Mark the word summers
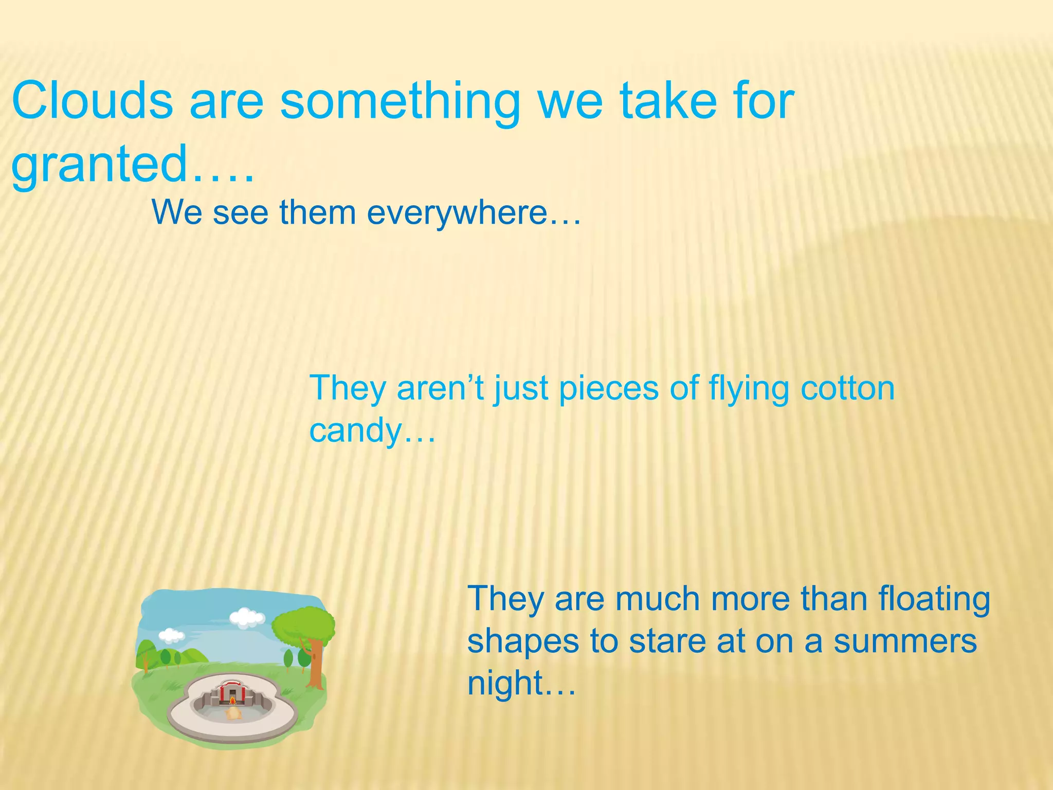[x=905, y=642]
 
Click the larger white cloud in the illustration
[x=247, y=617]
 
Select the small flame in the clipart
[x=232, y=701]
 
